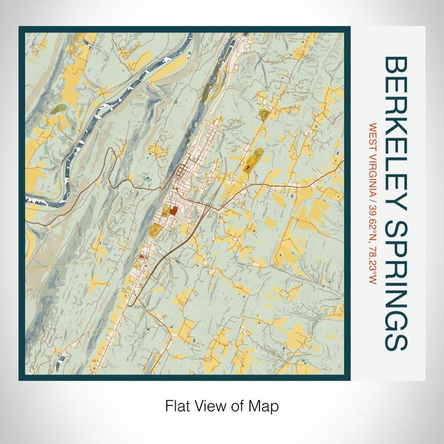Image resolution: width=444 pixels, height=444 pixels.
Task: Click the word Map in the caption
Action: (266, 407)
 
